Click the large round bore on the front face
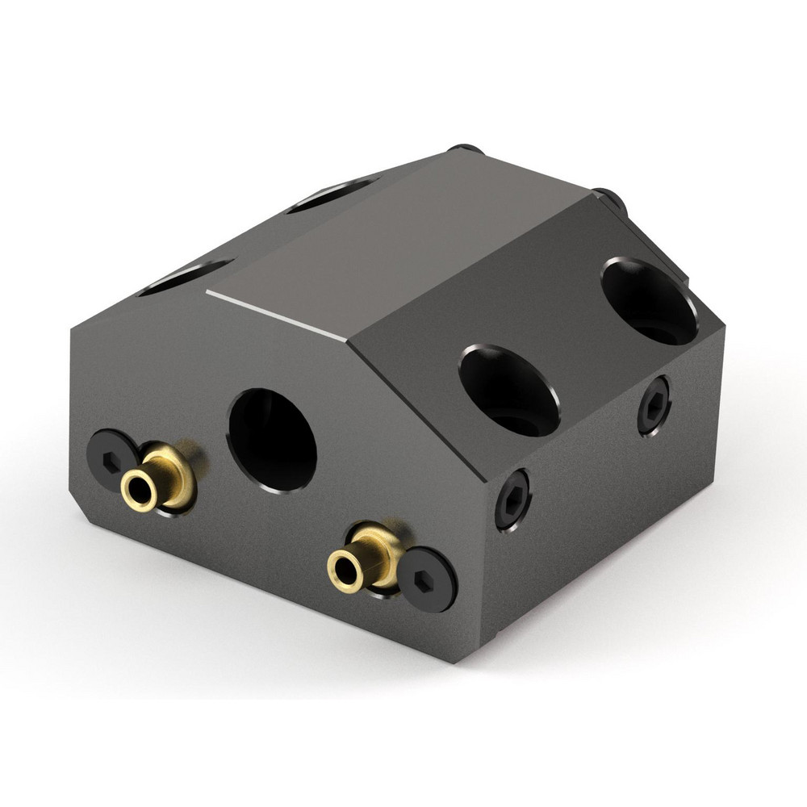coord(273,439)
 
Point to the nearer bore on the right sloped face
coord(509,391)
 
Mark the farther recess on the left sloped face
coord(331,194)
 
